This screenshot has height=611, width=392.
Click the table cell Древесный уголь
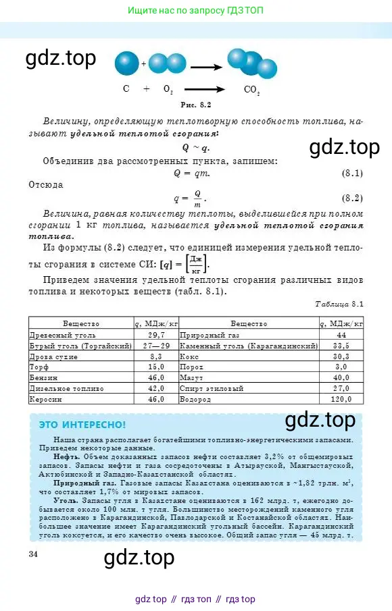pos(55,334)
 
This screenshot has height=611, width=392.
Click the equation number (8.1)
pos(352,174)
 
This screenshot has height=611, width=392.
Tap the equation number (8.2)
pos(352,198)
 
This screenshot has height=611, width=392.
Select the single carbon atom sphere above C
pos(126,65)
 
